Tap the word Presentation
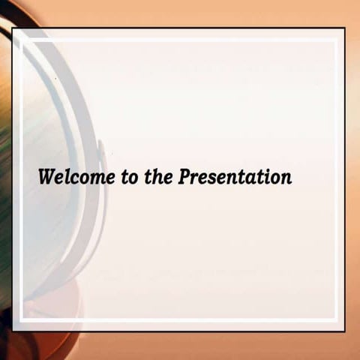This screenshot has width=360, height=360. click(235, 178)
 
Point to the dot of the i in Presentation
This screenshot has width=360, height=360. click(264, 172)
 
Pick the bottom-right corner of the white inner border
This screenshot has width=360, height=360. click(335, 320)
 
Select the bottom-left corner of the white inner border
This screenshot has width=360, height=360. click(23, 320)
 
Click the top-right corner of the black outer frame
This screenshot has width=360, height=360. click(344, 29)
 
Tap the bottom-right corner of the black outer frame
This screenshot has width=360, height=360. click(344, 331)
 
